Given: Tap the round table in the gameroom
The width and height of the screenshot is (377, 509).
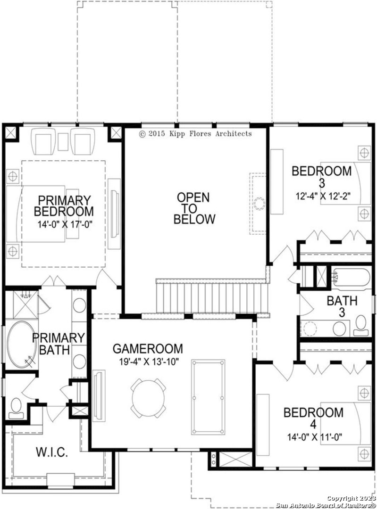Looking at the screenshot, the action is (x=149, y=398).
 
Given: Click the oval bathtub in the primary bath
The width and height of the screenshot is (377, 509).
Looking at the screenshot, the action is (x=21, y=345).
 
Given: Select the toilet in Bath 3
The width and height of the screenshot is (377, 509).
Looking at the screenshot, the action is (x=361, y=325).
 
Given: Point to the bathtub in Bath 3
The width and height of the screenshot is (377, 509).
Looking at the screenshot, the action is (x=351, y=279).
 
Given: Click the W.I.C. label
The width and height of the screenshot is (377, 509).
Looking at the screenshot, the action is (x=52, y=452).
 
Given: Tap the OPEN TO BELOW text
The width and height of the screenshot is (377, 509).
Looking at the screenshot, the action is (x=194, y=208).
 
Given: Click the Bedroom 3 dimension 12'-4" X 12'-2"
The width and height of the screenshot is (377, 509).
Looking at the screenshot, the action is (x=323, y=197).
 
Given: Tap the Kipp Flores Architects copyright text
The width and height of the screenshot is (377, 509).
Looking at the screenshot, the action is (x=195, y=133).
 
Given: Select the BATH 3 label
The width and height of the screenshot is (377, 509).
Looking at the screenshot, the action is (x=342, y=306).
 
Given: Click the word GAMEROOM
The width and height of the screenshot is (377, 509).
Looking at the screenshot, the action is (x=148, y=349).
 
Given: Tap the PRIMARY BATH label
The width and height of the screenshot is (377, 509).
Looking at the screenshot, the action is (x=58, y=344).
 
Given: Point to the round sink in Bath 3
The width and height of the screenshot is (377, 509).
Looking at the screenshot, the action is (x=339, y=329).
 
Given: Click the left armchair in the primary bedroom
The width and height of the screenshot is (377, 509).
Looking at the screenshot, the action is (x=43, y=141).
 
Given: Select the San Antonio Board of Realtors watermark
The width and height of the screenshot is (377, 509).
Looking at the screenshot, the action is (x=326, y=505).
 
